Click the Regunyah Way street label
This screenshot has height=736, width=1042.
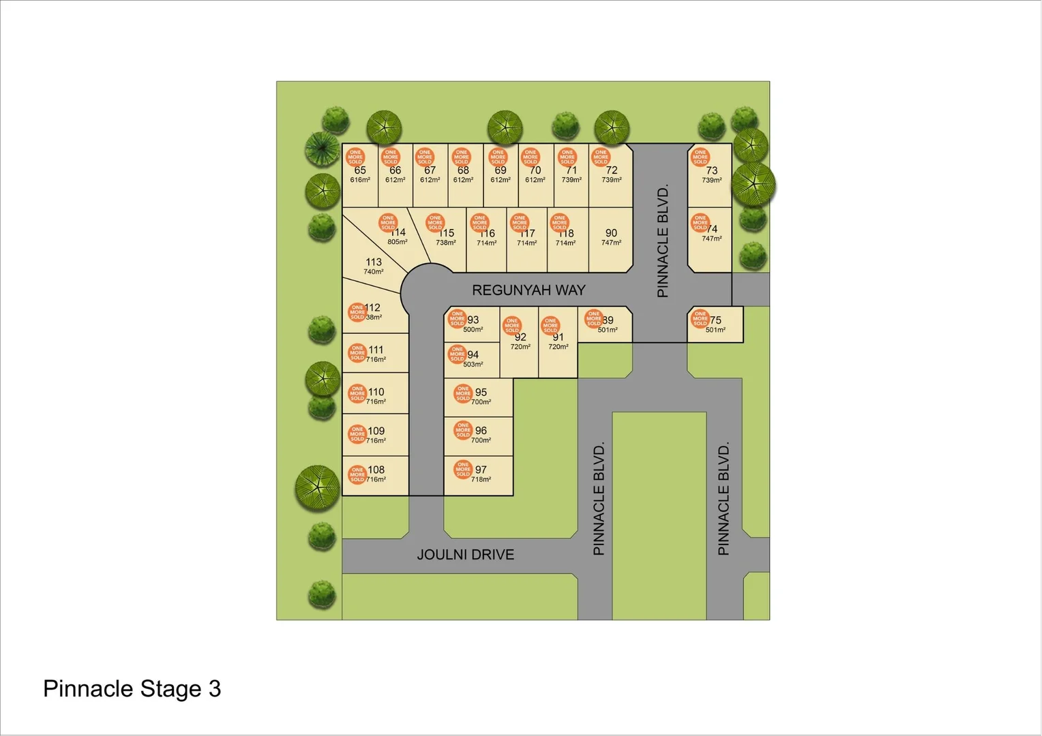[529, 290]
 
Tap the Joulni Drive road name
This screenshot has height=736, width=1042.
[465, 555]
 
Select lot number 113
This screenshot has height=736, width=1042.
[374, 262]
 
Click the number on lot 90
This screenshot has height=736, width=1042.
[611, 233]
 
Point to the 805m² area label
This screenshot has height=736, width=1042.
[398, 242]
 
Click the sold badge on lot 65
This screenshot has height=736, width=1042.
[355, 157]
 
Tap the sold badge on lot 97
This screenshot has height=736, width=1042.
[463, 469]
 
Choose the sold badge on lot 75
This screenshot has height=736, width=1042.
[700, 318]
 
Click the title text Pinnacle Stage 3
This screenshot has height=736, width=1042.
[132, 689]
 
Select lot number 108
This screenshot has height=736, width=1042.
[376, 470]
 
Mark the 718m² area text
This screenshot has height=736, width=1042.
[481, 479]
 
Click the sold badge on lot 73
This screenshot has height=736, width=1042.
[700, 157]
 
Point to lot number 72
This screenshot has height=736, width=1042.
[612, 170]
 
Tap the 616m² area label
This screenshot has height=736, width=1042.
[360, 180]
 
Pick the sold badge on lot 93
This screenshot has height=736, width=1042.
[457, 318]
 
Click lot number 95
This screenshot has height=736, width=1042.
[481, 392]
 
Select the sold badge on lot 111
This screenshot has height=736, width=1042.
[357, 352]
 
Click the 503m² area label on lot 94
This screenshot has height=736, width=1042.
[473, 365]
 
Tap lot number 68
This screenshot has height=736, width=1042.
[463, 170]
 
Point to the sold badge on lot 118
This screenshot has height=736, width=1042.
[559, 222]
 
